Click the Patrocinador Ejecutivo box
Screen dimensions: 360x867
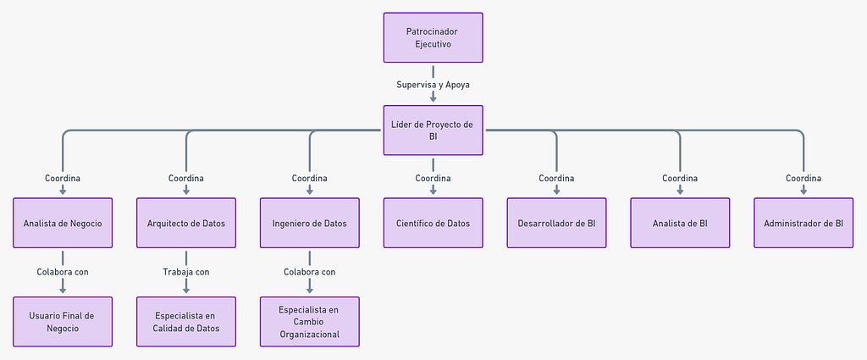tap(433, 37)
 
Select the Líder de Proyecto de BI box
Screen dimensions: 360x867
tap(433, 130)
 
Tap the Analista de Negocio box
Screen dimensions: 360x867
tap(63, 223)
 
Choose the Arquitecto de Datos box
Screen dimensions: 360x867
tap(186, 223)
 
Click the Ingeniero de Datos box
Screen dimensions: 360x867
tap(310, 223)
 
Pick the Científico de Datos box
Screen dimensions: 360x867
tap(433, 223)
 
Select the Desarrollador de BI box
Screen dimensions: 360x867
tap(556, 223)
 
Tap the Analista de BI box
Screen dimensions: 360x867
tap(680, 223)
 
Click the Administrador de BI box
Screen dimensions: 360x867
tap(803, 223)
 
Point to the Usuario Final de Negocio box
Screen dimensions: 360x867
tap(63, 322)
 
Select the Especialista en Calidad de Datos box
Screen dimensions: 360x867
tap(186, 322)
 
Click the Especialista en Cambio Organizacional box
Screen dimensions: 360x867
tap(310, 322)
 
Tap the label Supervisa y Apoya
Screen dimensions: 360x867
tap(433, 85)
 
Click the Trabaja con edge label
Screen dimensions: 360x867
tap(186, 272)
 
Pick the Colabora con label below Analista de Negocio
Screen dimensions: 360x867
tap(63, 272)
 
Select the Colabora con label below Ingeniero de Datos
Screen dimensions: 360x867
tap(310, 272)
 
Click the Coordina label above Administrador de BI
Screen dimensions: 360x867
tap(803, 178)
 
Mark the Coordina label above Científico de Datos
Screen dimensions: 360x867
tap(433, 178)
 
